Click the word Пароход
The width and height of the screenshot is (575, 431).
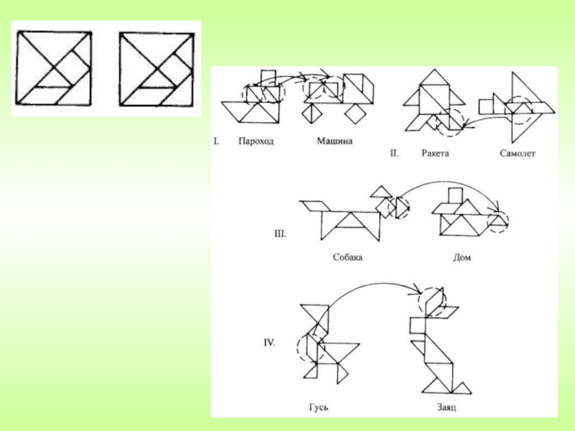pyautogui.click(x=256, y=142)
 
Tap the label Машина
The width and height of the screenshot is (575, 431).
pyautogui.click(x=335, y=142)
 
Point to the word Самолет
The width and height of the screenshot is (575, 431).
pyautogui.click(x=517, y=154)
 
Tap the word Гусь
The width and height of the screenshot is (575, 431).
pyautogui.click(x=319, y=408)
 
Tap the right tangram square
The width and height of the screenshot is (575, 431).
pyautogui.click(x=157, y=68)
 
